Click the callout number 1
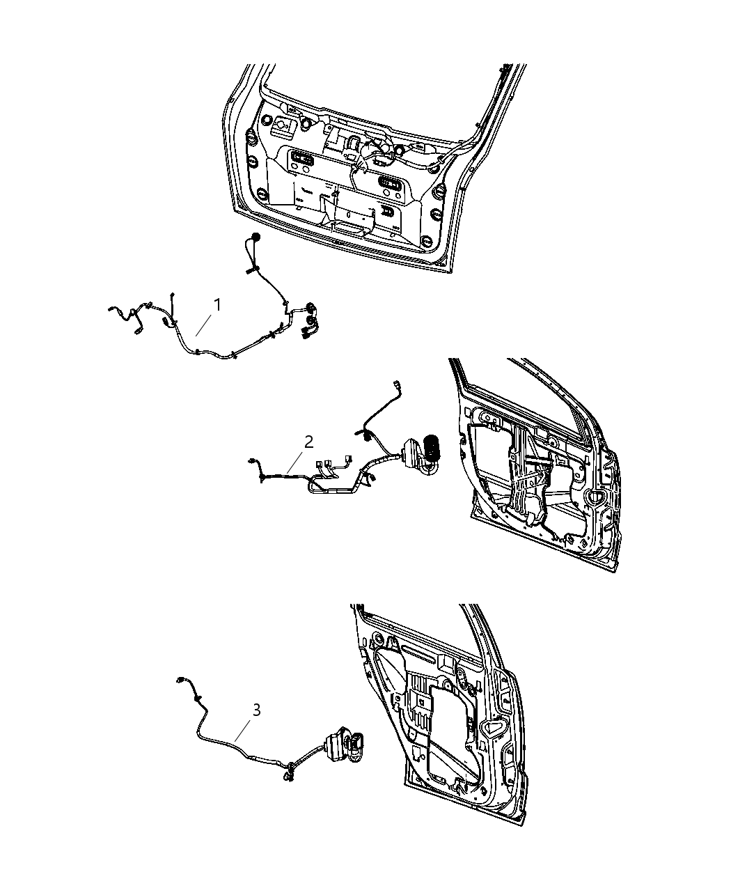point(218,304)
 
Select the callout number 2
point(308,441)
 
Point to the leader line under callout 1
point(206,325)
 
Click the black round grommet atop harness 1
point(257,239)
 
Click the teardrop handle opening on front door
point(595,496)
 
